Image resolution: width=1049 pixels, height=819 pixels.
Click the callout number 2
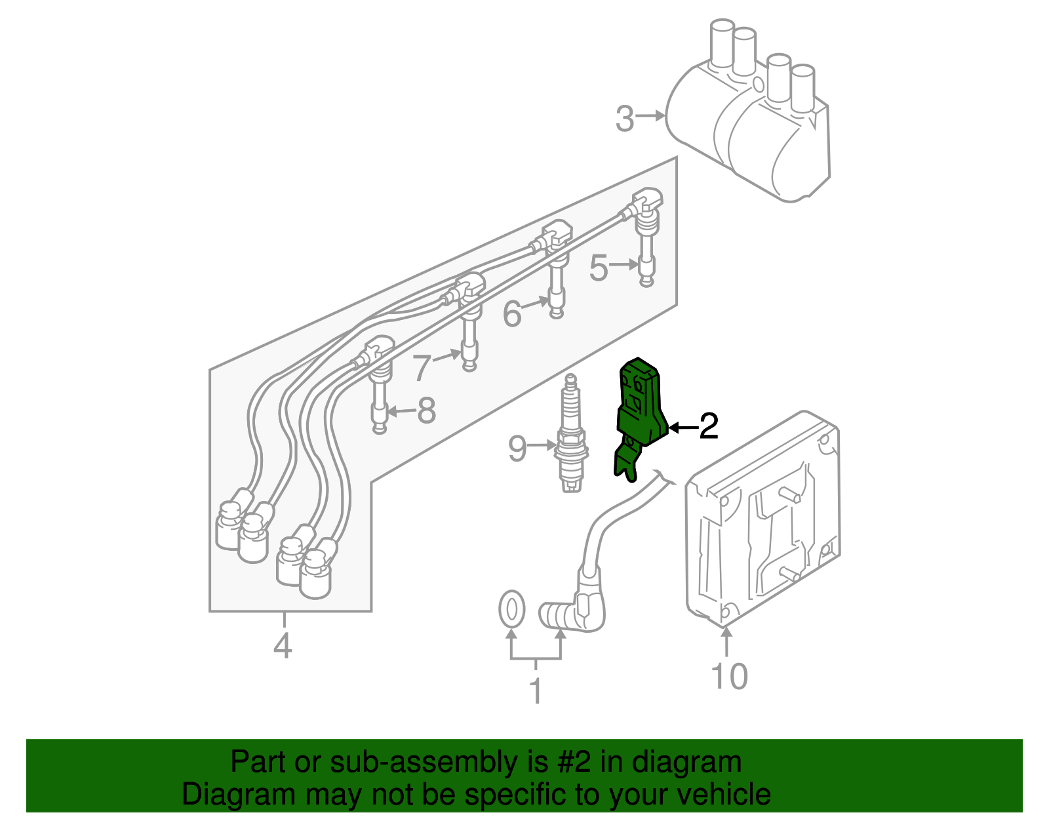point(709,427)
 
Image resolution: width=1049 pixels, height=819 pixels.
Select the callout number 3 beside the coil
point(625,119)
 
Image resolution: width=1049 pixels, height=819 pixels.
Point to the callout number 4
point(283,646)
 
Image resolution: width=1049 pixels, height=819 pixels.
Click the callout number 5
point(599,268)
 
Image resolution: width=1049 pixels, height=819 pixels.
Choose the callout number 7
point(422,369)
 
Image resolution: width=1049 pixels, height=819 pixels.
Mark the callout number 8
point(426,411)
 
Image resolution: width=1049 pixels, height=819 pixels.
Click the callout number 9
point(517,449)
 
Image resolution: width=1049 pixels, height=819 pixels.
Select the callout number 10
point(729,676)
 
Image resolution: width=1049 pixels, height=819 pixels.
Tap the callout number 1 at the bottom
point(536,690)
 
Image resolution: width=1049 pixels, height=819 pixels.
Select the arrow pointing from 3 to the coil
point(652,116)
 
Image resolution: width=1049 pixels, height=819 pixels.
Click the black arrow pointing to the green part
point(682,428)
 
